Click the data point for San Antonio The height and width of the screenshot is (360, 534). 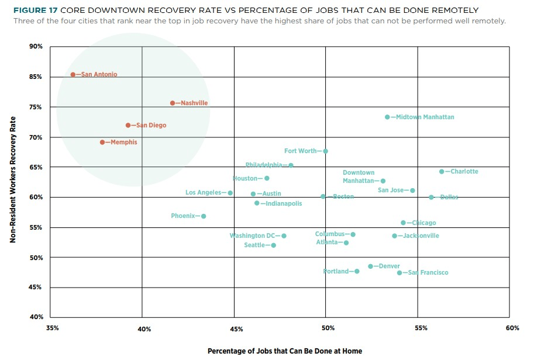(73, 75)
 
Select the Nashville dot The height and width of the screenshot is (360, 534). (173, 103)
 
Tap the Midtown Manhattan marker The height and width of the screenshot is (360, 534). (387, 117)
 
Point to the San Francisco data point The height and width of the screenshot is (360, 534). (399, 273)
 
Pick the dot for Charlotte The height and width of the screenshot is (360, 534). (442, 172)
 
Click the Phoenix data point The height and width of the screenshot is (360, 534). (204, 216)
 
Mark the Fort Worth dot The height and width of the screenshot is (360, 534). (326, 151)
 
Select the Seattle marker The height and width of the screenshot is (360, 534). (274, 245)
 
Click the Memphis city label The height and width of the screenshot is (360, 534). (124, 142)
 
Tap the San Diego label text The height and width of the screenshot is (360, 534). (151, 126)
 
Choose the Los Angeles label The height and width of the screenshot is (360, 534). (203, 193)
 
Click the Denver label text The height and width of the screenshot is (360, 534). (390, 266)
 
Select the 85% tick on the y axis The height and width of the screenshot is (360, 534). (36, 77)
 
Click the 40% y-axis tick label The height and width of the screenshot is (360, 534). (36, 317)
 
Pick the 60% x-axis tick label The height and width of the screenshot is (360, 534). (512, 329)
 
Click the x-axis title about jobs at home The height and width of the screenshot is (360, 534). (284, 351)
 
